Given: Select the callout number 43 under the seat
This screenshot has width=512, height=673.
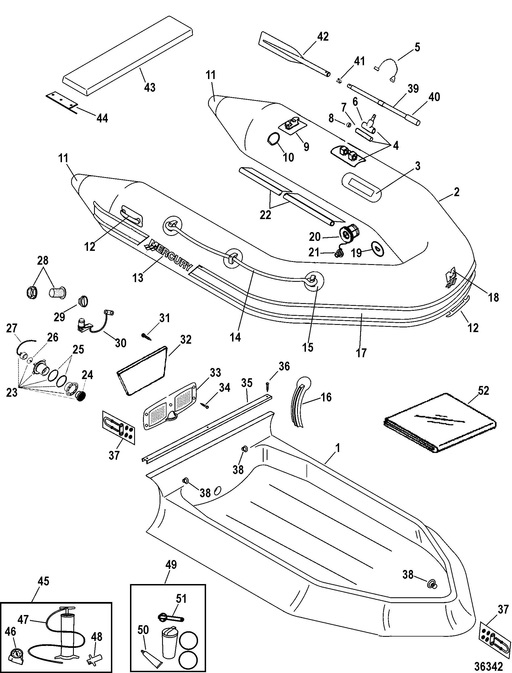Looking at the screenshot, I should click(x=150, y=87).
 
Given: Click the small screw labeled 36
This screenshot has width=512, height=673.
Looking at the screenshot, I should click(x=267, y=385).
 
